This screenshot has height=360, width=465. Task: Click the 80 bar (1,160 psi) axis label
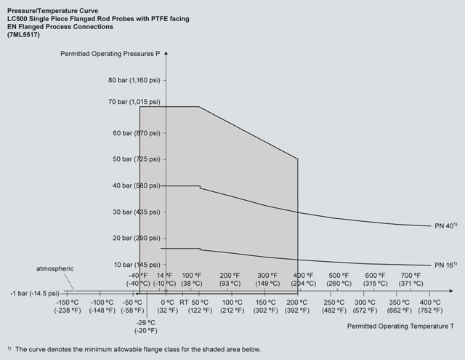point(134,79)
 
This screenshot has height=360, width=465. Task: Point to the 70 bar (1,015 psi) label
point(134,102)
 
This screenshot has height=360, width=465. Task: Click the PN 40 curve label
point(445,226)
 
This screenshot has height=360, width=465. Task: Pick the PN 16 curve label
point(445,265)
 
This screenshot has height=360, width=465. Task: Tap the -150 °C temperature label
point(67,306)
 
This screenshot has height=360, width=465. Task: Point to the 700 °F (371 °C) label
point(412,279)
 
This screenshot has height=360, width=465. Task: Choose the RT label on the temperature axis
point(185,302)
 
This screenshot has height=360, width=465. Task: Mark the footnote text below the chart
point(135,349)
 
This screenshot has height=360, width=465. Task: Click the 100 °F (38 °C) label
point(191,279)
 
